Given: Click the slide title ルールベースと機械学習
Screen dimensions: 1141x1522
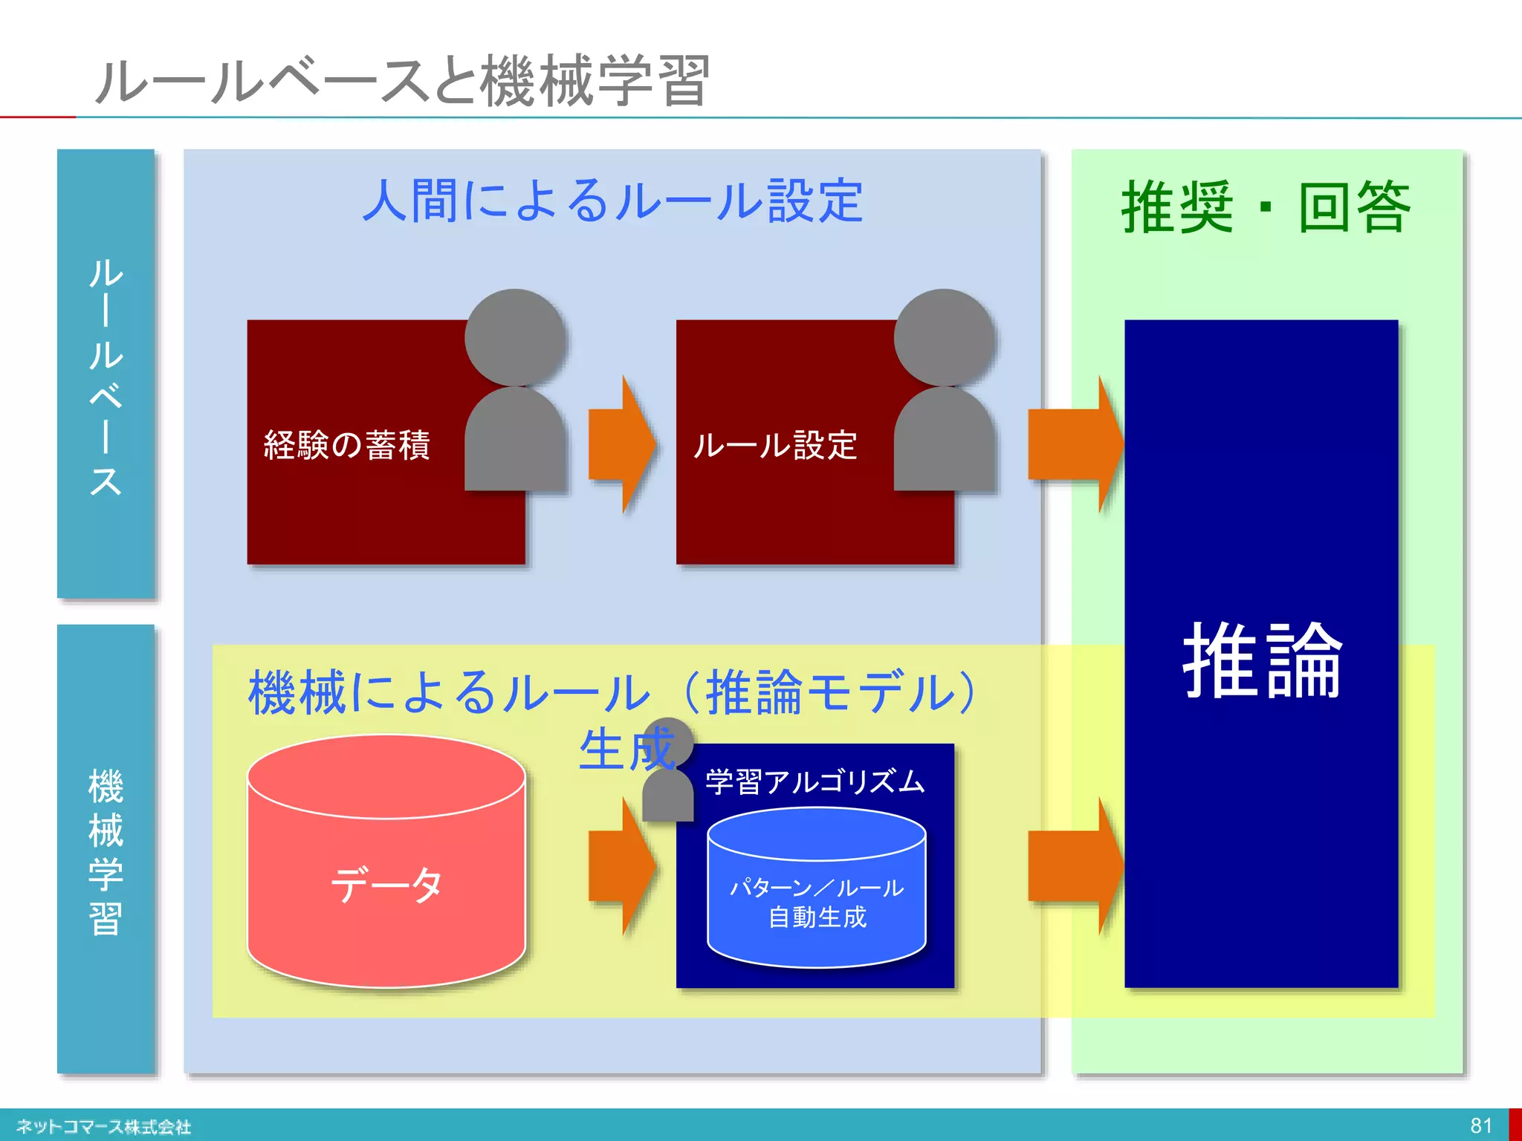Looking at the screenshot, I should point(402,80).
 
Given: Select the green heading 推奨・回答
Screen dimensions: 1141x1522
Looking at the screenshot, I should point(1266,207).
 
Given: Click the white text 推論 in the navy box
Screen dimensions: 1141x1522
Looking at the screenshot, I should point(1262,660).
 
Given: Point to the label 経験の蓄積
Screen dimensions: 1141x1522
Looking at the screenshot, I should point(347,445).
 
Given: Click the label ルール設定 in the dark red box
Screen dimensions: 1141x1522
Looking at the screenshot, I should point(775,445).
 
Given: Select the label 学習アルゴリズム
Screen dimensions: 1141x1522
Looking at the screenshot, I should point(815,781).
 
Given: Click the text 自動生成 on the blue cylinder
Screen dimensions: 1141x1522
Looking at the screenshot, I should point(817,917).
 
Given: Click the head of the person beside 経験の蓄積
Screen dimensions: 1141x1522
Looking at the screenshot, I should point(514,338).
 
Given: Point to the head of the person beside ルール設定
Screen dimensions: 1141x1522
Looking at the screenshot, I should point(944,338).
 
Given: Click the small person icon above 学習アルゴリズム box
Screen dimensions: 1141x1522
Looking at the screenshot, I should point(667,773).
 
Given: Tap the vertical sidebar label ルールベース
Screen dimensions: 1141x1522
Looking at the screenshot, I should point(106,376).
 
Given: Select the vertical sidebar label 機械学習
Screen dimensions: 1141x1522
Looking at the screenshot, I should point(106,851).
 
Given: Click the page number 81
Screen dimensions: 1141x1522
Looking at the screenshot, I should point(1480,1125).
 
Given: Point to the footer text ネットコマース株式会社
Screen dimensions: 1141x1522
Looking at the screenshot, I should point(103,1127).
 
